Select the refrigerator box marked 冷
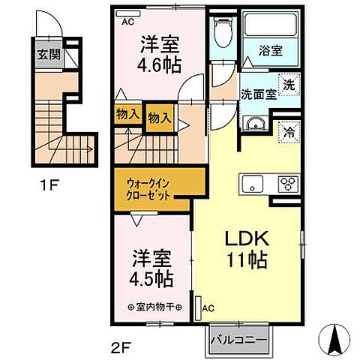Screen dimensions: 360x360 tap(288, 134)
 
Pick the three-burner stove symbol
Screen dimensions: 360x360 tap(287, 182)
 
